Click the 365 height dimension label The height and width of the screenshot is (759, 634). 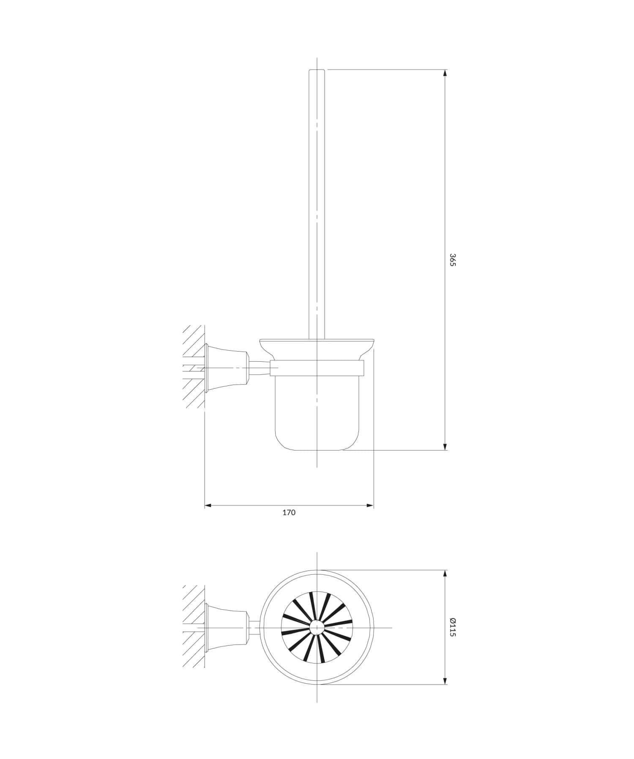click(452, 259)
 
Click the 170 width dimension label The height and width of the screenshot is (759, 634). click(289, 513)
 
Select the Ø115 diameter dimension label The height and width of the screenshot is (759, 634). click(452, 627)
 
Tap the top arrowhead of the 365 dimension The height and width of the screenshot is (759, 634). click(445, 73)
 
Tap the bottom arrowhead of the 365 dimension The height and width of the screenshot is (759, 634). click(445, 447)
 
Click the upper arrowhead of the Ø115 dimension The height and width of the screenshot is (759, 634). click(445, 574)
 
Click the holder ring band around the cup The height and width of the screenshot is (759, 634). click(317, 368)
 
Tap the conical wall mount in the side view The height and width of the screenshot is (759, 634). click(226, 368)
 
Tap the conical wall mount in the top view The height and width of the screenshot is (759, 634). click(226, 628)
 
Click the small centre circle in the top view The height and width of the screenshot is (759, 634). click(316, 628)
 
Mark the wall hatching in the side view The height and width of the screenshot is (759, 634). click(194, 368)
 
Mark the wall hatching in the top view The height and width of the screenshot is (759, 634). click(194, 627)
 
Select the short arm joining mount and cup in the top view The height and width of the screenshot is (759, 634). click(254, 628)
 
